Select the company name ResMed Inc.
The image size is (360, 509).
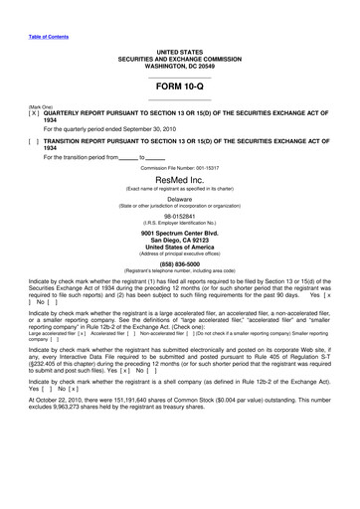click(179, 182)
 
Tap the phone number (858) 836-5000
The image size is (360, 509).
click(179, 264)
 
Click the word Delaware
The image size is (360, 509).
click(179, 199)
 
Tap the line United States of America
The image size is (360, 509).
click(179, 248)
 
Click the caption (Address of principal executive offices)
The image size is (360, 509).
click(179, 254)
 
